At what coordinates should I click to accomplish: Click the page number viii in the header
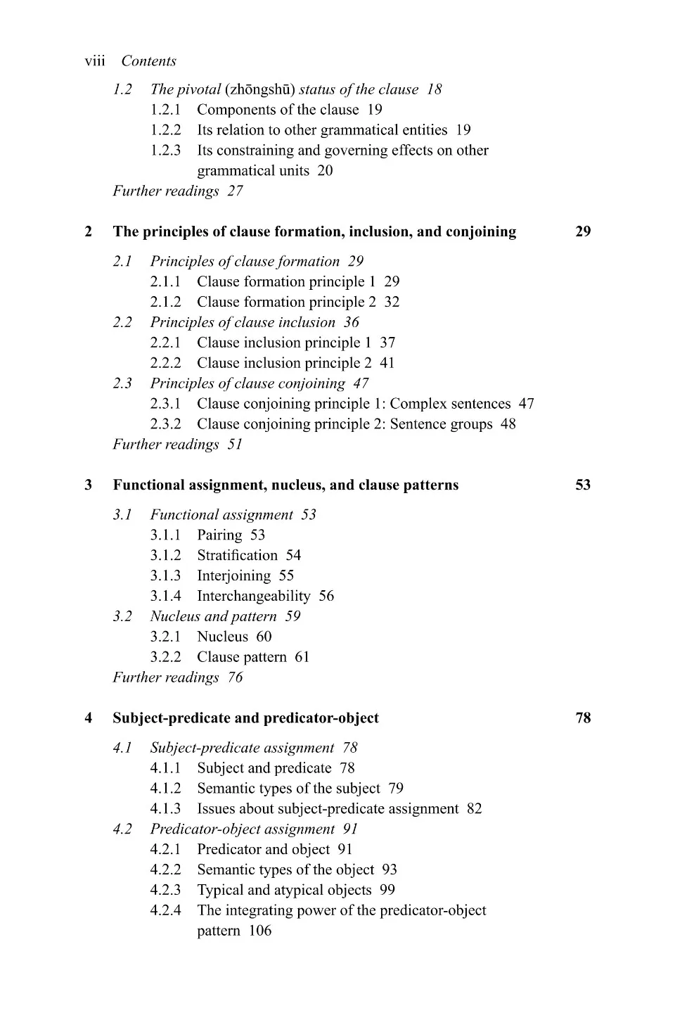tap(94, 61)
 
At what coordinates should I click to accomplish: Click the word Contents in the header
tap(148, 61)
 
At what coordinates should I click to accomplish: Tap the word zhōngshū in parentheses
tap(261, 89)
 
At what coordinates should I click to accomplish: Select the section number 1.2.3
tap(165, 151)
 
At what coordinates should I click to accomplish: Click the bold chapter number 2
tap(89, 232)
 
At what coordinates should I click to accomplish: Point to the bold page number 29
tap(583, 232)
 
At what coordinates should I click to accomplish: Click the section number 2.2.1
tap(165, 343)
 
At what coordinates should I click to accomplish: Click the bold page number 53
tap(583, 485)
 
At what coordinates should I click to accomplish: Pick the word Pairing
tap(219, 535)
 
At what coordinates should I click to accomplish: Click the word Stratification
tap(237, 556)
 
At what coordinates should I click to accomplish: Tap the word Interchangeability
tap(253, 597)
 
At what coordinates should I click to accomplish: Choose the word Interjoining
tap(233, 576)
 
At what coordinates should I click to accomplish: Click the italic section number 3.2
tap(122, 617)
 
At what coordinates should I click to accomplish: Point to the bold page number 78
tap(583, 718)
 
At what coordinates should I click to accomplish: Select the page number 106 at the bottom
tap(260, 931)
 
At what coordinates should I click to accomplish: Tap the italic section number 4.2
tap(122, 829)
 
